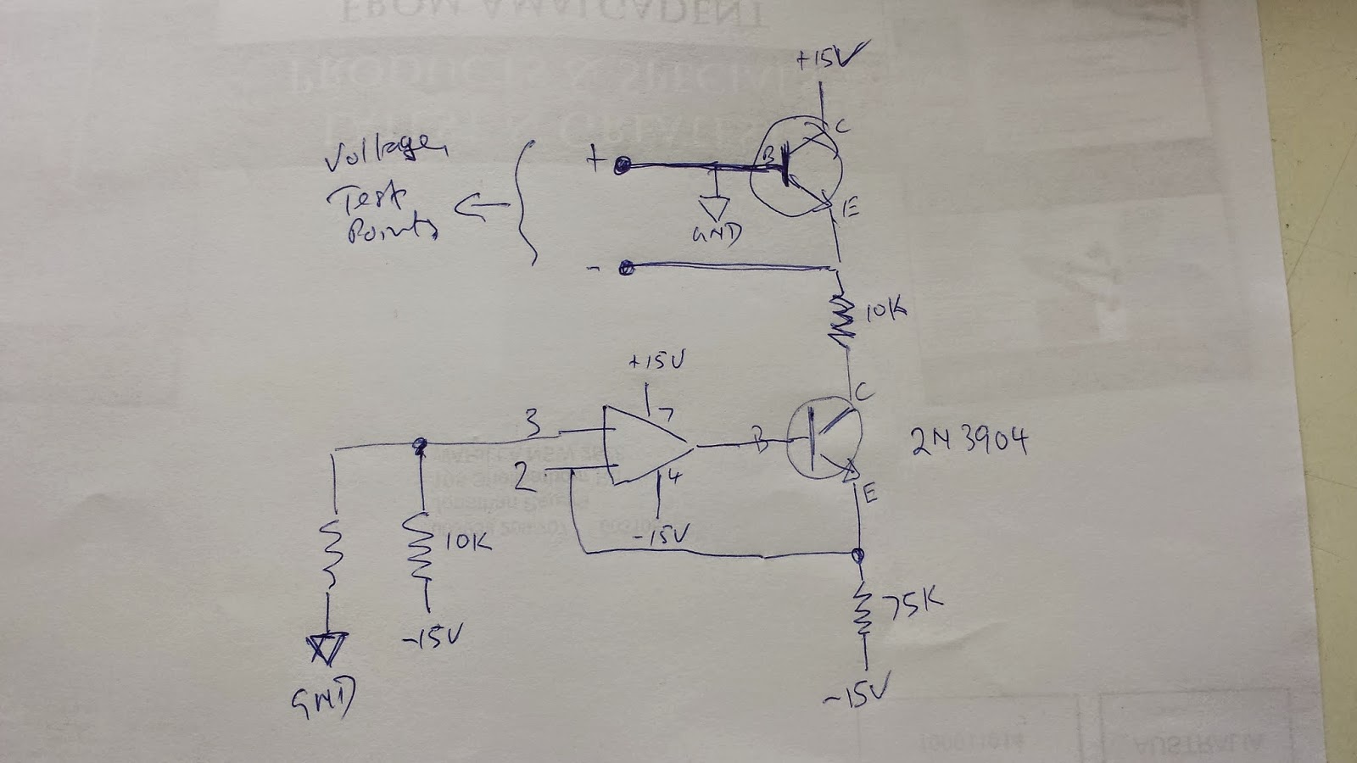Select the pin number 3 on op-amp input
tap(532, 420)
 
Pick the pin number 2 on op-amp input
tap(526, 481)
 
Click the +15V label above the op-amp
tap(656, 361)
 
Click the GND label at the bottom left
tap(323, 698)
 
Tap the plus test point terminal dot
tap(623, 166)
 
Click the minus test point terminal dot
tap(627, 269)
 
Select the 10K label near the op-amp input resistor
tap(467, 541)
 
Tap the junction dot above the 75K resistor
tap(858, 555)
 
